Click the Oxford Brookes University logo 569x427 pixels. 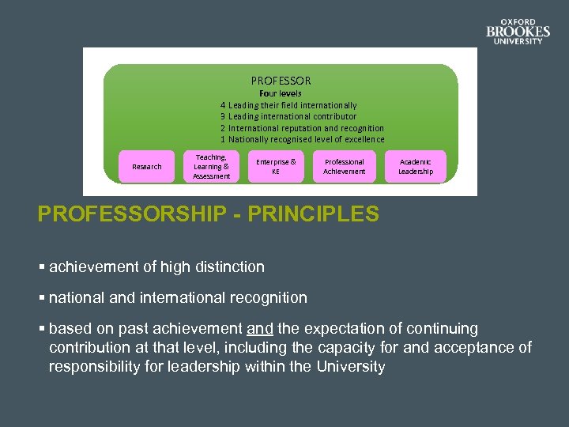(518, 32)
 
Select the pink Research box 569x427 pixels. (146, 167)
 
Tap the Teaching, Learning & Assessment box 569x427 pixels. (211, 167)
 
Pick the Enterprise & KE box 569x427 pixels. (276, 166)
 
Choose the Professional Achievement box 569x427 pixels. (344, 166)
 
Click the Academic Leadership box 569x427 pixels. (416, 166)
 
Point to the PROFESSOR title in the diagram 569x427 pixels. (281, 81)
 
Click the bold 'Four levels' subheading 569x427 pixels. (281, 93)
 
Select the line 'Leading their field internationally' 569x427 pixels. (292, 105)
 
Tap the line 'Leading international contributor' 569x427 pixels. (292, 116)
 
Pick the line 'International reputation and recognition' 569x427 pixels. (306, 128)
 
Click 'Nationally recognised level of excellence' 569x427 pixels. (307, 139)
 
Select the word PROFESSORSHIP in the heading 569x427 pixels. (130, 214)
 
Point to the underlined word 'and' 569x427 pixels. (259, 328)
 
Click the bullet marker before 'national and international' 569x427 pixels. (41, 298)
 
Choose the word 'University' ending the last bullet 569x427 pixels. (351, 367)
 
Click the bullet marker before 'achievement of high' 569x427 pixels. (41, 267)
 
